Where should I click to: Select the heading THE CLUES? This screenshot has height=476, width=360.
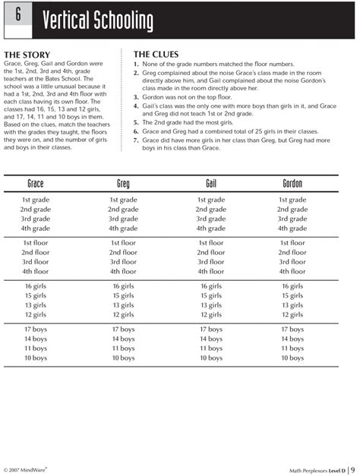coord(157,55)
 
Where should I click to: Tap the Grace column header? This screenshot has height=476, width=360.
coord(36,184)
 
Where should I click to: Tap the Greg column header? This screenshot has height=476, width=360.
coord(123,184)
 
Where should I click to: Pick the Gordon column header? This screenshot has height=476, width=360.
coord(292,184)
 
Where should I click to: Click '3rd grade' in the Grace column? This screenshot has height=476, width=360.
coord(36,219)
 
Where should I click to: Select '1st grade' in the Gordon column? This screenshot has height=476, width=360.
coord(292,200)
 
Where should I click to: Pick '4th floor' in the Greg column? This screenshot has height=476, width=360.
coord(123,271)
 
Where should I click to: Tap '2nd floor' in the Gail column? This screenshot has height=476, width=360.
coord(211,252)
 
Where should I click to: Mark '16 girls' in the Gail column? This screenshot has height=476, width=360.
coord(211,286)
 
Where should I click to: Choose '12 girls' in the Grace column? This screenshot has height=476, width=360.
coord(36,314)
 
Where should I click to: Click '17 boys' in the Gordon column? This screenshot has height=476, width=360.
coord(292,329)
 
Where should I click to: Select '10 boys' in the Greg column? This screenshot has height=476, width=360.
coord(123,358)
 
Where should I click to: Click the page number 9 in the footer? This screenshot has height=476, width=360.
coord(353,459)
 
